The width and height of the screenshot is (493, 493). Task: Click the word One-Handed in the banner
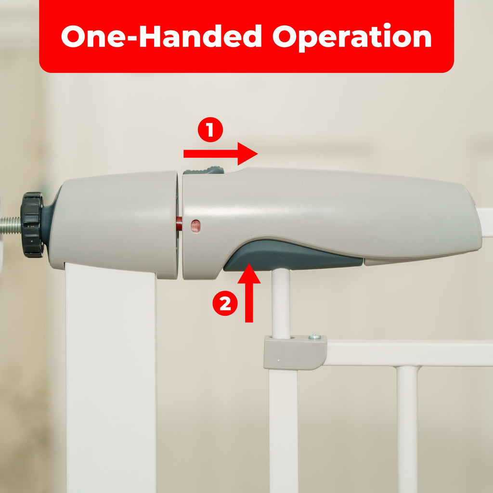(161, 36)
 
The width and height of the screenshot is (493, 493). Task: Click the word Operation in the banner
(352, 37)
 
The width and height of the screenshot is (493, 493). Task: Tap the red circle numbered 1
(210, 130)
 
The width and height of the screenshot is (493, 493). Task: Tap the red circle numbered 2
(225, 303)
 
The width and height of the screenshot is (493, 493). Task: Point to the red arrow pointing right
(221, 154)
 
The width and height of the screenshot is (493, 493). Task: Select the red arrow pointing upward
(249, 293)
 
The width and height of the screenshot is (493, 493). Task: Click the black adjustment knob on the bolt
(32, 224)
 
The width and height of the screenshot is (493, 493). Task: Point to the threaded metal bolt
(11, 225)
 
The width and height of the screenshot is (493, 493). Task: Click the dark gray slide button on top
(204, 170)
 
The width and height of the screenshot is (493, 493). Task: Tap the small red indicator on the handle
(195, 226)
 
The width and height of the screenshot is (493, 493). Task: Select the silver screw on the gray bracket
(314, 337)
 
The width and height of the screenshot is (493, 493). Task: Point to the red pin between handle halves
(179, 223)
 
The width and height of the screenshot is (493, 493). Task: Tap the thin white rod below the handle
(281, 303)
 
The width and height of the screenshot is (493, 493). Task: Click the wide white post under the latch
(111, 377)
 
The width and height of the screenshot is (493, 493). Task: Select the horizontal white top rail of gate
(409, 353)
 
